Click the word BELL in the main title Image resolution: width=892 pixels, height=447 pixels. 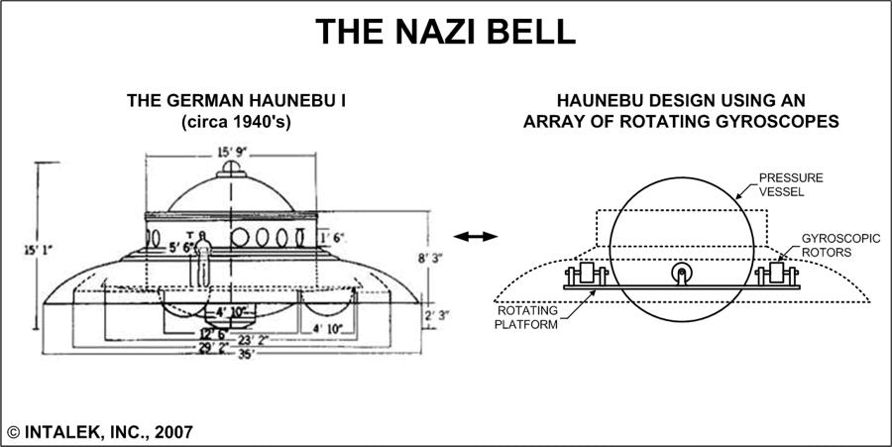(525, 31)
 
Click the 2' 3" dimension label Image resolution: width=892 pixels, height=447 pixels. (436, 315)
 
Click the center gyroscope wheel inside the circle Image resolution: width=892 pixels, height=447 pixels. (680, 276)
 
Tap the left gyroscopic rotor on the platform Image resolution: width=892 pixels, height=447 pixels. (586, 275)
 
